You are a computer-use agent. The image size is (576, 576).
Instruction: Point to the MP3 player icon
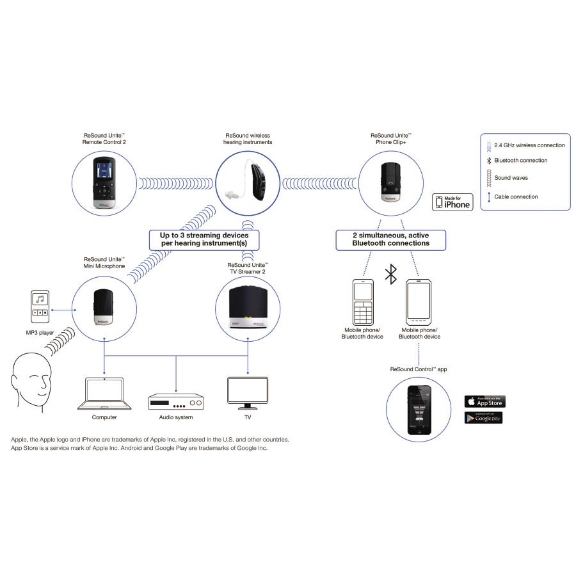tap(40, 308)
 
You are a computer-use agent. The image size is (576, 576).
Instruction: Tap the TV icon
tap(248, 393)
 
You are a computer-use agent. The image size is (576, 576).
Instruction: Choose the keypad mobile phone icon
tap(362, 301)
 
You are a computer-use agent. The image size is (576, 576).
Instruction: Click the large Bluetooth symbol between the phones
tap(390, 275)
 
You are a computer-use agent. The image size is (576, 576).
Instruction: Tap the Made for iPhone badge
tap(453, 202)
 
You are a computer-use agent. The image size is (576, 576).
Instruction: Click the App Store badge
tap(484, 401)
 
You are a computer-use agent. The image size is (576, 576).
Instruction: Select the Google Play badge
tap(483, 417)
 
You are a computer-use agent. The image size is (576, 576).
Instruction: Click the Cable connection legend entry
tap(516, 196)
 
